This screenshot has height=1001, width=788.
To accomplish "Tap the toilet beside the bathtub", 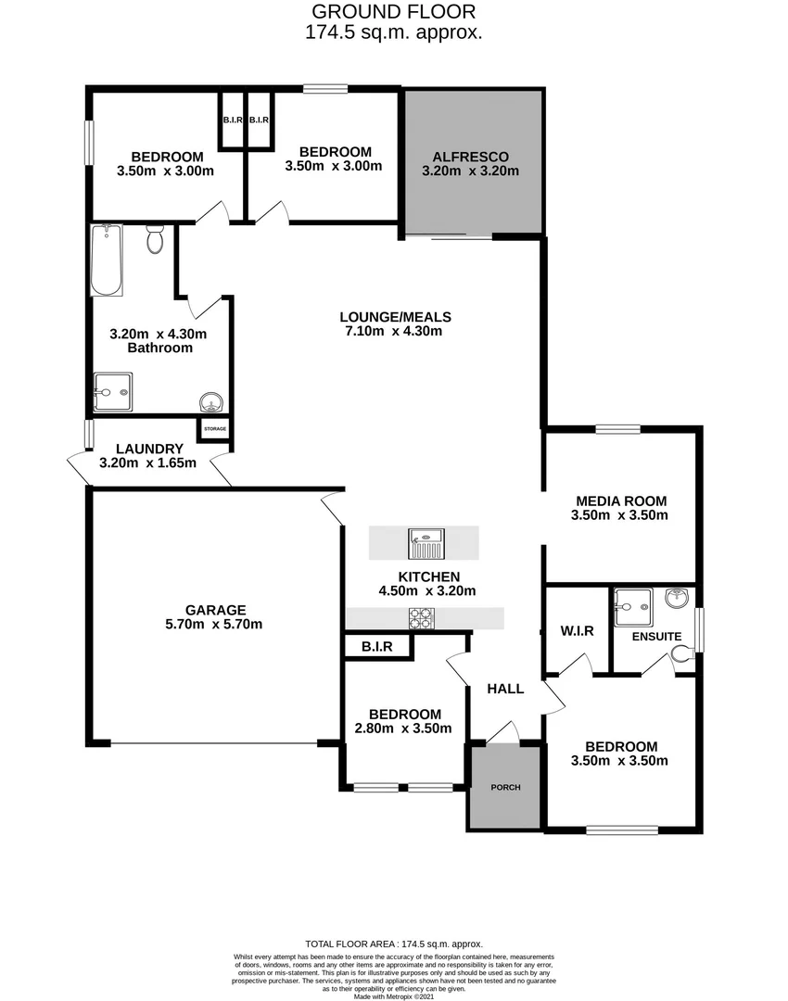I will point(155,241).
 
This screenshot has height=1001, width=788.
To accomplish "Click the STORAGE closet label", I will point(214,429).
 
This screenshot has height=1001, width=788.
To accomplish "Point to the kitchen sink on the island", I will point(426,542).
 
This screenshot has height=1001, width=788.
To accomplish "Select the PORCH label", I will point(505,787).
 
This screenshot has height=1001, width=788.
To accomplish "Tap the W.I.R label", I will point(577,631).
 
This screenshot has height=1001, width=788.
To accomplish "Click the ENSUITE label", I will point(656,637).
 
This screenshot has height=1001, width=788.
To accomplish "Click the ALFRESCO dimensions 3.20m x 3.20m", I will point(469,171).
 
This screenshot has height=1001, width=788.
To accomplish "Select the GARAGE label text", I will point(215,610).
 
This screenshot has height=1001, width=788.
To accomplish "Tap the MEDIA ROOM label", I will point(618,500).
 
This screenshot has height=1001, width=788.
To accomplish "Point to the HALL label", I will point(505,689).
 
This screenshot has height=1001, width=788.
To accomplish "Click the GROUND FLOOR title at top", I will point(393,12).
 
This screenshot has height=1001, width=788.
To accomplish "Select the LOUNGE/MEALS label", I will point(391,315).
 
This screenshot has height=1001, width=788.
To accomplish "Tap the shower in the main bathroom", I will point(112,392).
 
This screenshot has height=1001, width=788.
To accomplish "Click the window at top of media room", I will point(617,428).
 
